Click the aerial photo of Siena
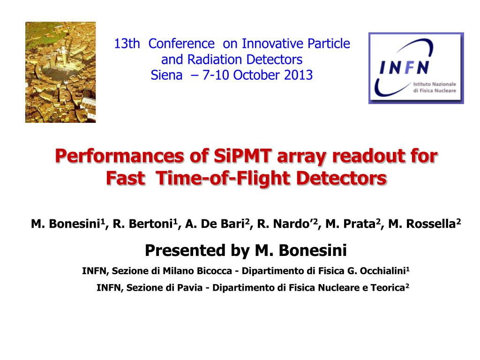click(x=60, y=72)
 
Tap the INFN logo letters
click(x=404, y=67)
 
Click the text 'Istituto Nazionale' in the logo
click(x=435, y=84)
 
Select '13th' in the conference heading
click(x=127, y=44)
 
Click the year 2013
click(x=298, y=75)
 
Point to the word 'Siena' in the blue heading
click(x=166, y=75)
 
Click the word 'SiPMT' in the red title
click(x=243, y=156)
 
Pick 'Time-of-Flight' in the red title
click(x=223, y=178)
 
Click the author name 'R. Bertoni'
click(x=142, y=224)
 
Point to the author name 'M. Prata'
click(x=351, y=224)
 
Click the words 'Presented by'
click(x=197, y=250)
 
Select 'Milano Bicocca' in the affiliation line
click(x=197, y=271)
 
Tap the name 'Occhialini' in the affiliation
click(x=382, y=271)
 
